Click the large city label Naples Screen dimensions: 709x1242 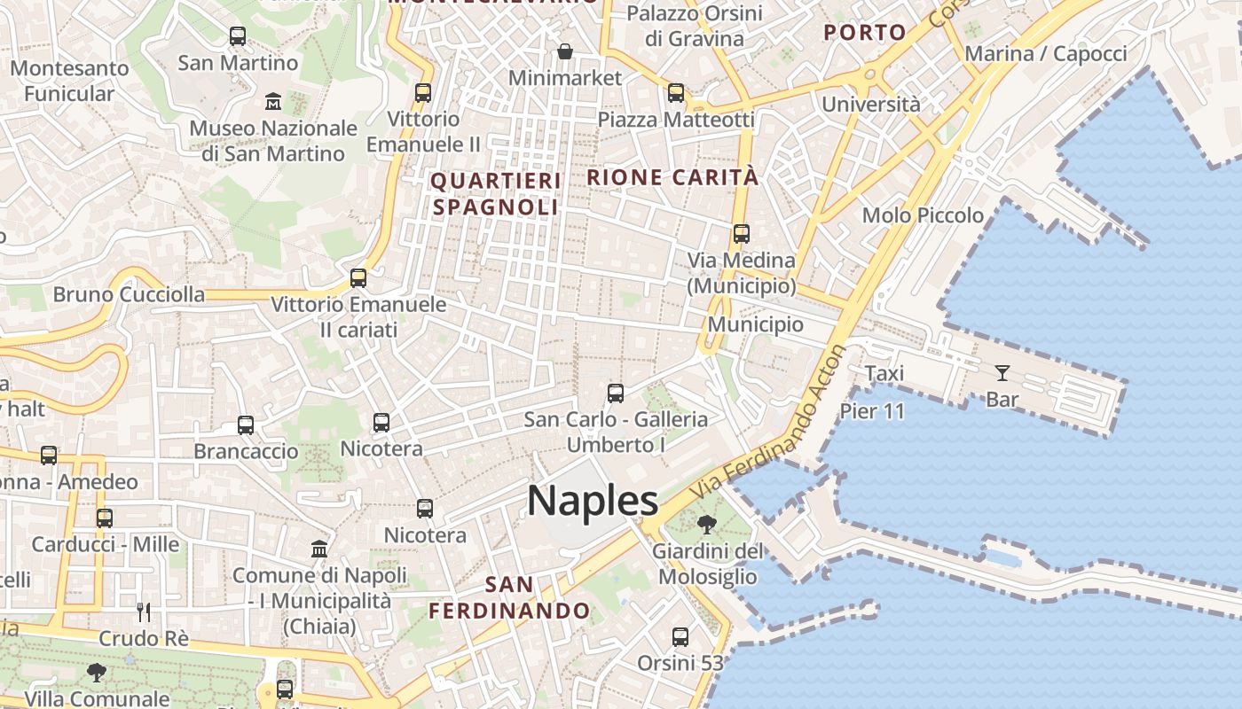(593, 502)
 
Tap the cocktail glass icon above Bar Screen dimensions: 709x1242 (1002, 373)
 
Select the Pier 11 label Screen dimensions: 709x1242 (872, 411)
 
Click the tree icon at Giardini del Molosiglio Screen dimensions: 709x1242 (706, 525)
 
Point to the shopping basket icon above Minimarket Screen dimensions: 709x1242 (565, 52)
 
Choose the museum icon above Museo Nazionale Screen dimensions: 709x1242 (273, 102)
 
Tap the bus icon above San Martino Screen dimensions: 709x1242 (238, 36)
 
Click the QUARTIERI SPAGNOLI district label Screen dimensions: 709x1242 (496, 194)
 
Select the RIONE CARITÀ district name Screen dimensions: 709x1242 (672, 177)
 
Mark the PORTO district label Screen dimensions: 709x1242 (865, 33)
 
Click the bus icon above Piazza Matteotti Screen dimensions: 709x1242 (676, 93)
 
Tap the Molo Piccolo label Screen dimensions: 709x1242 (923, 215)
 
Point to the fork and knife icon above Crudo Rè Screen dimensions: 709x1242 (144, 612)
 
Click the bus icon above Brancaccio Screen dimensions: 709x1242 (246, 425)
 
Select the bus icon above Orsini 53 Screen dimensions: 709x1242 (680, 637)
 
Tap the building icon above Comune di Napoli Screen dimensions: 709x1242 (319, 549)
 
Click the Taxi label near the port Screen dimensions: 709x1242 (884, 373)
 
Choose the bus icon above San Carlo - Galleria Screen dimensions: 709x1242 (616, 393)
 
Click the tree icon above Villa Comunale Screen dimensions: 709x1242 (97, 674)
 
